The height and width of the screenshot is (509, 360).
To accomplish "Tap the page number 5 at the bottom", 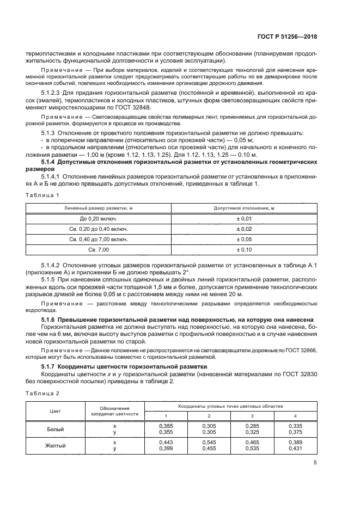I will [x=315, y=463].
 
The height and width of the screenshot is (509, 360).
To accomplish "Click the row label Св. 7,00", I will [x=99, y=249].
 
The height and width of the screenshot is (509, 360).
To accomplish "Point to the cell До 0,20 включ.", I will [x=99, y=218].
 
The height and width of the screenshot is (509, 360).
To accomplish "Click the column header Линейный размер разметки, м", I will [x=99, y=208].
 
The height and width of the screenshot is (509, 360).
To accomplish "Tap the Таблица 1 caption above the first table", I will [x=43, y=195].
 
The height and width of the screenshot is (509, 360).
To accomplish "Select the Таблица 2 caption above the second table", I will [x=43, y=393].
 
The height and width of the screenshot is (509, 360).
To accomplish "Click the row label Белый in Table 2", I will [x=55, y=429].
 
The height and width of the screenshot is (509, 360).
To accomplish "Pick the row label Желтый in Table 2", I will [x=55, y=446].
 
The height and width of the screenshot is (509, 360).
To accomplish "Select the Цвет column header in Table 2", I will [x=55, y=411].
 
